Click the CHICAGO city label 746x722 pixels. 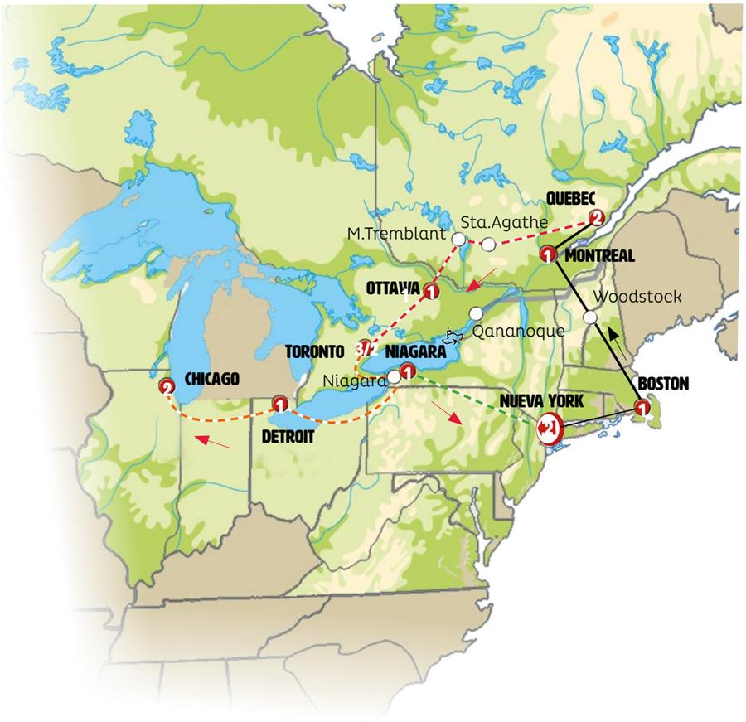[x=212, y=379]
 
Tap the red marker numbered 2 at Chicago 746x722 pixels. [x=167, y=387]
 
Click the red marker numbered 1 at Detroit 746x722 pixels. [x=279, y=405]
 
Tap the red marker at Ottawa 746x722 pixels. [x=430, y=291]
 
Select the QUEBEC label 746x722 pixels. [x=571, y=199]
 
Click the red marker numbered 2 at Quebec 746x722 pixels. [x=595, y=218]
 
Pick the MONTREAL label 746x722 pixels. [x=599, y=256]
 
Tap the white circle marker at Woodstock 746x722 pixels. [x=590, y=317]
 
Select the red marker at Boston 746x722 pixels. [x=642, y=407]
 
